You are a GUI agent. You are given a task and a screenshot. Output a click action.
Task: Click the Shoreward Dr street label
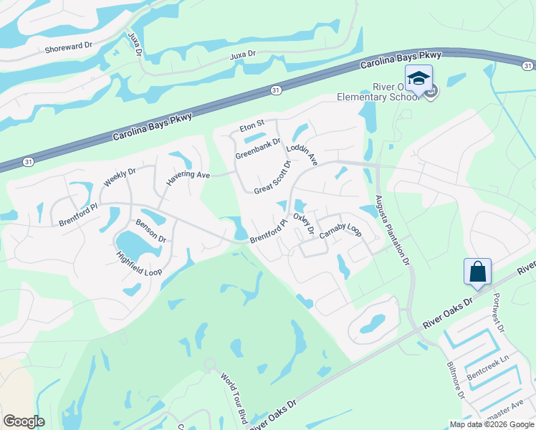pos(70,45)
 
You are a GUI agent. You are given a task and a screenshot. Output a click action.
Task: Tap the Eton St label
pos(252,126)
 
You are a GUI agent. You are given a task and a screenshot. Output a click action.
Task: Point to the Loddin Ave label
pos(301,154)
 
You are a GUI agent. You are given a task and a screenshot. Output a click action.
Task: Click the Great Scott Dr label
pos(273,178)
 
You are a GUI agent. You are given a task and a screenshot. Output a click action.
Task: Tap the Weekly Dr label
pos(119,176)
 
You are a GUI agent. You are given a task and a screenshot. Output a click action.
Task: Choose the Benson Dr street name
pos(150,230)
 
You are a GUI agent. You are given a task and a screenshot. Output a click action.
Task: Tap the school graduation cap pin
pos(418,77)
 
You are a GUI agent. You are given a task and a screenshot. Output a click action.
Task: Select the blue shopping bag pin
pos(477,272)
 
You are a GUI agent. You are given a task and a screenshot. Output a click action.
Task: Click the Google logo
pos(24,421)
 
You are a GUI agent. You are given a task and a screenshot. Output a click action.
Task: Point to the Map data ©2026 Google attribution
pos(492,424)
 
